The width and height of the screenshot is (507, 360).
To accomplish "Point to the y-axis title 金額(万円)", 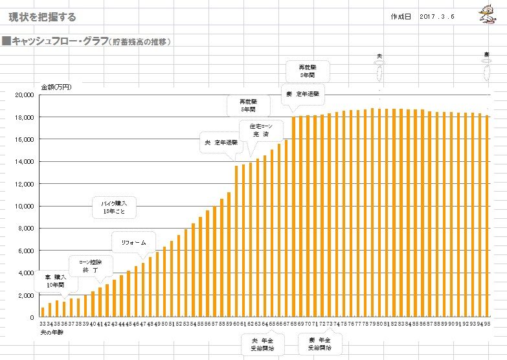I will [56, 86].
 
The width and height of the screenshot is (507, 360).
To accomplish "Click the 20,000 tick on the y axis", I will [25, 95].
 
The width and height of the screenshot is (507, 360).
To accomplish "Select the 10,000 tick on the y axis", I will [25, 206].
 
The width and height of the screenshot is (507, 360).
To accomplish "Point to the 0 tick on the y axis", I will [31, 317].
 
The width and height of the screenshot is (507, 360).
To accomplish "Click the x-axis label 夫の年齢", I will [51, 331].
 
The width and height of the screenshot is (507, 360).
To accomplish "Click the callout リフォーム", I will [134, 242].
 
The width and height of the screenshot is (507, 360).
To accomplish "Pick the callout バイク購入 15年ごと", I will [117, 207].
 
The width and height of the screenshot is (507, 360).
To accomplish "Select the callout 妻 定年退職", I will [302, 94].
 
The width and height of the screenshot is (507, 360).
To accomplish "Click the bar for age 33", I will [43, 313].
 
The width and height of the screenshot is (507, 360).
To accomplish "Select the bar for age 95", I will [486, 217].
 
